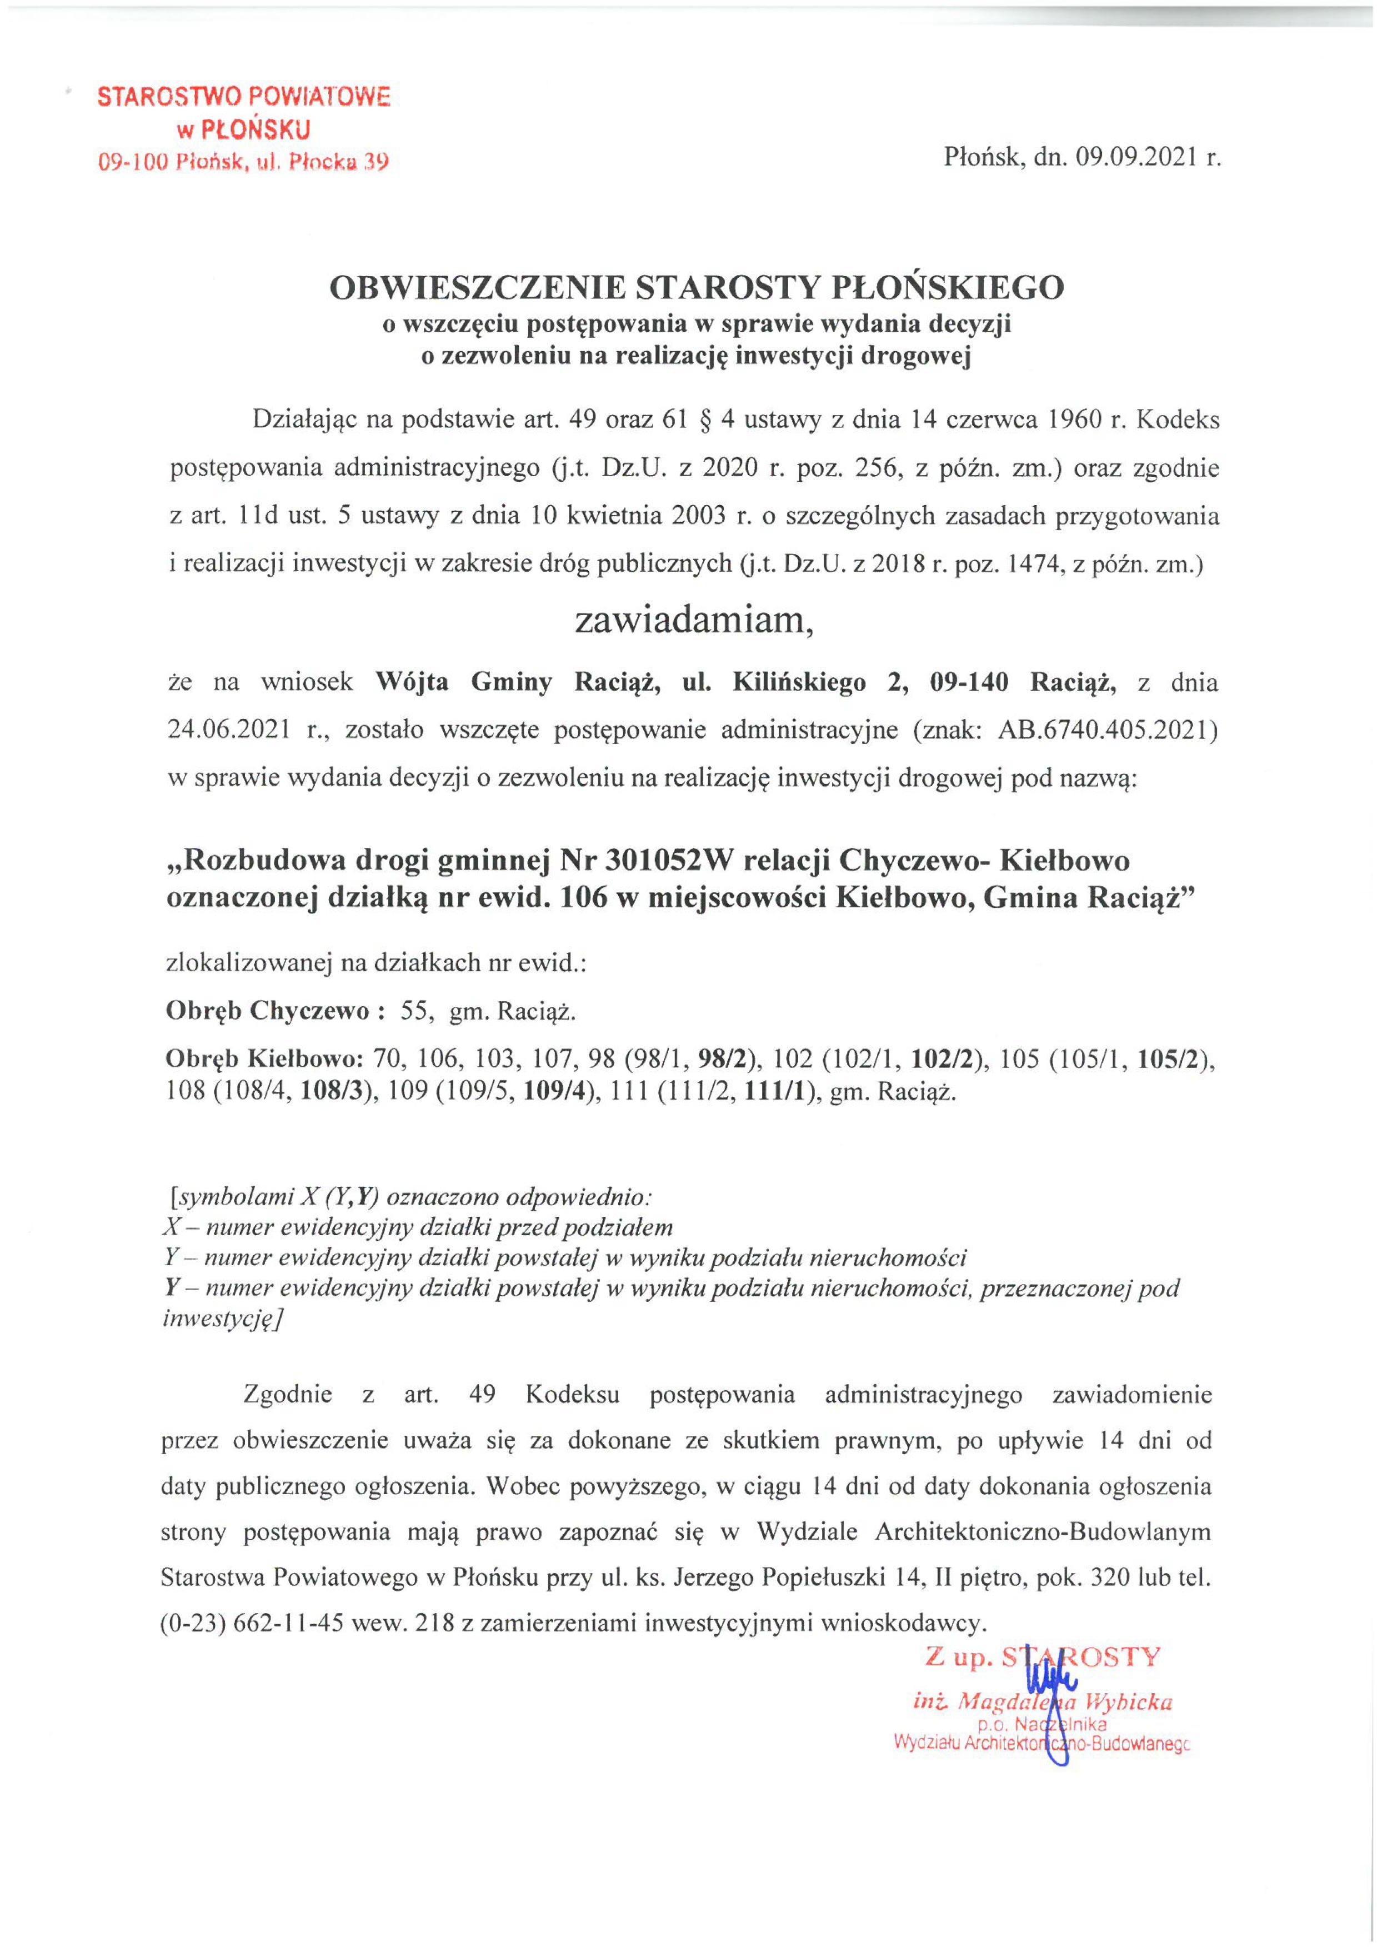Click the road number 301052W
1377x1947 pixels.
coord(667,861)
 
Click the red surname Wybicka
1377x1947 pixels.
coord(1131,1701)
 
